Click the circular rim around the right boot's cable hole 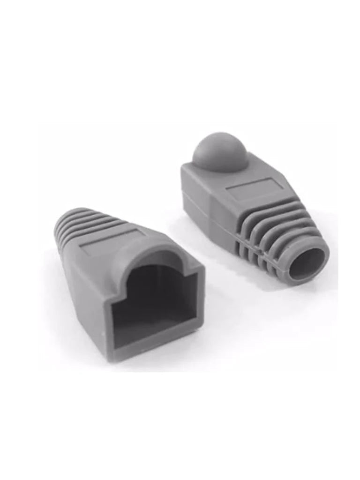click(323, 253)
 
